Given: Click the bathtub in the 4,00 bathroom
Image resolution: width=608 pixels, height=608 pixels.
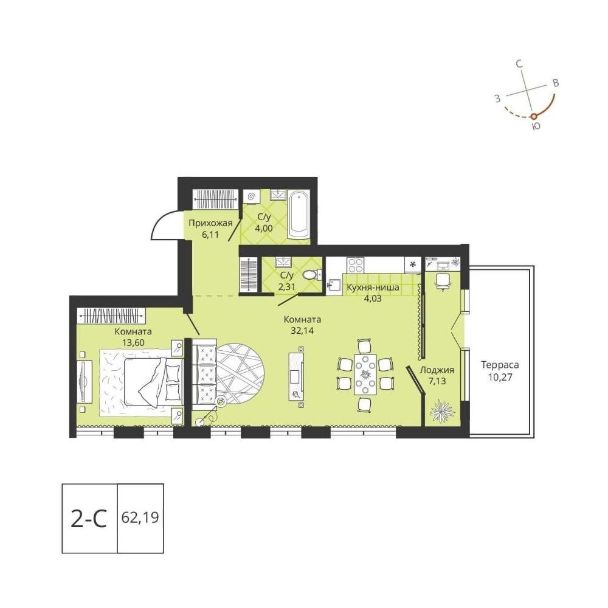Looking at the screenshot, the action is pos(299,215).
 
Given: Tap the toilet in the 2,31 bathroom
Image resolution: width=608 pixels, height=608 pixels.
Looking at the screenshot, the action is pos(312,275).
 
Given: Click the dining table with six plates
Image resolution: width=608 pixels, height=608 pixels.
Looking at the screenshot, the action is pos(365,374).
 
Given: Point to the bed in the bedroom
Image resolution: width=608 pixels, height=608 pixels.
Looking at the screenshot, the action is pos(153,382).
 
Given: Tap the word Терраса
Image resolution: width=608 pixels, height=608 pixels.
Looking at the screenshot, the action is pos(500,365).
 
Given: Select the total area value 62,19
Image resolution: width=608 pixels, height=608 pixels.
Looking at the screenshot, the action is pos(140,517).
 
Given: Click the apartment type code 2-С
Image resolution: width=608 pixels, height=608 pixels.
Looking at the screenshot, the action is pos(89,519).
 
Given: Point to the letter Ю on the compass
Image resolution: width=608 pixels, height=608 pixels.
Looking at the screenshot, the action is pos(536,126).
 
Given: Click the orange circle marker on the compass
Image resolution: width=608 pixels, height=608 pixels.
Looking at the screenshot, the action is pos(534,116).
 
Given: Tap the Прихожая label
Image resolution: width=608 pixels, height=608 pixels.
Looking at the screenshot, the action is pos(210,223).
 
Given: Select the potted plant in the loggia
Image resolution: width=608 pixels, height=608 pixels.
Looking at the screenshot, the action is pos(441,410).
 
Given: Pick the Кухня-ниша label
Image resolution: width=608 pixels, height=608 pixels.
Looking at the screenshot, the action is pos(373,288).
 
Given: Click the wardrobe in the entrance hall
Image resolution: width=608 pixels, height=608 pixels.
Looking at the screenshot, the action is pos(215,198).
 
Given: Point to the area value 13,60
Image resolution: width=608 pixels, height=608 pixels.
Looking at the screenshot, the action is pos(133,343).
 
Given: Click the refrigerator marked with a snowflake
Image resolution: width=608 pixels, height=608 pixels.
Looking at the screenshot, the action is pos(413,265).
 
